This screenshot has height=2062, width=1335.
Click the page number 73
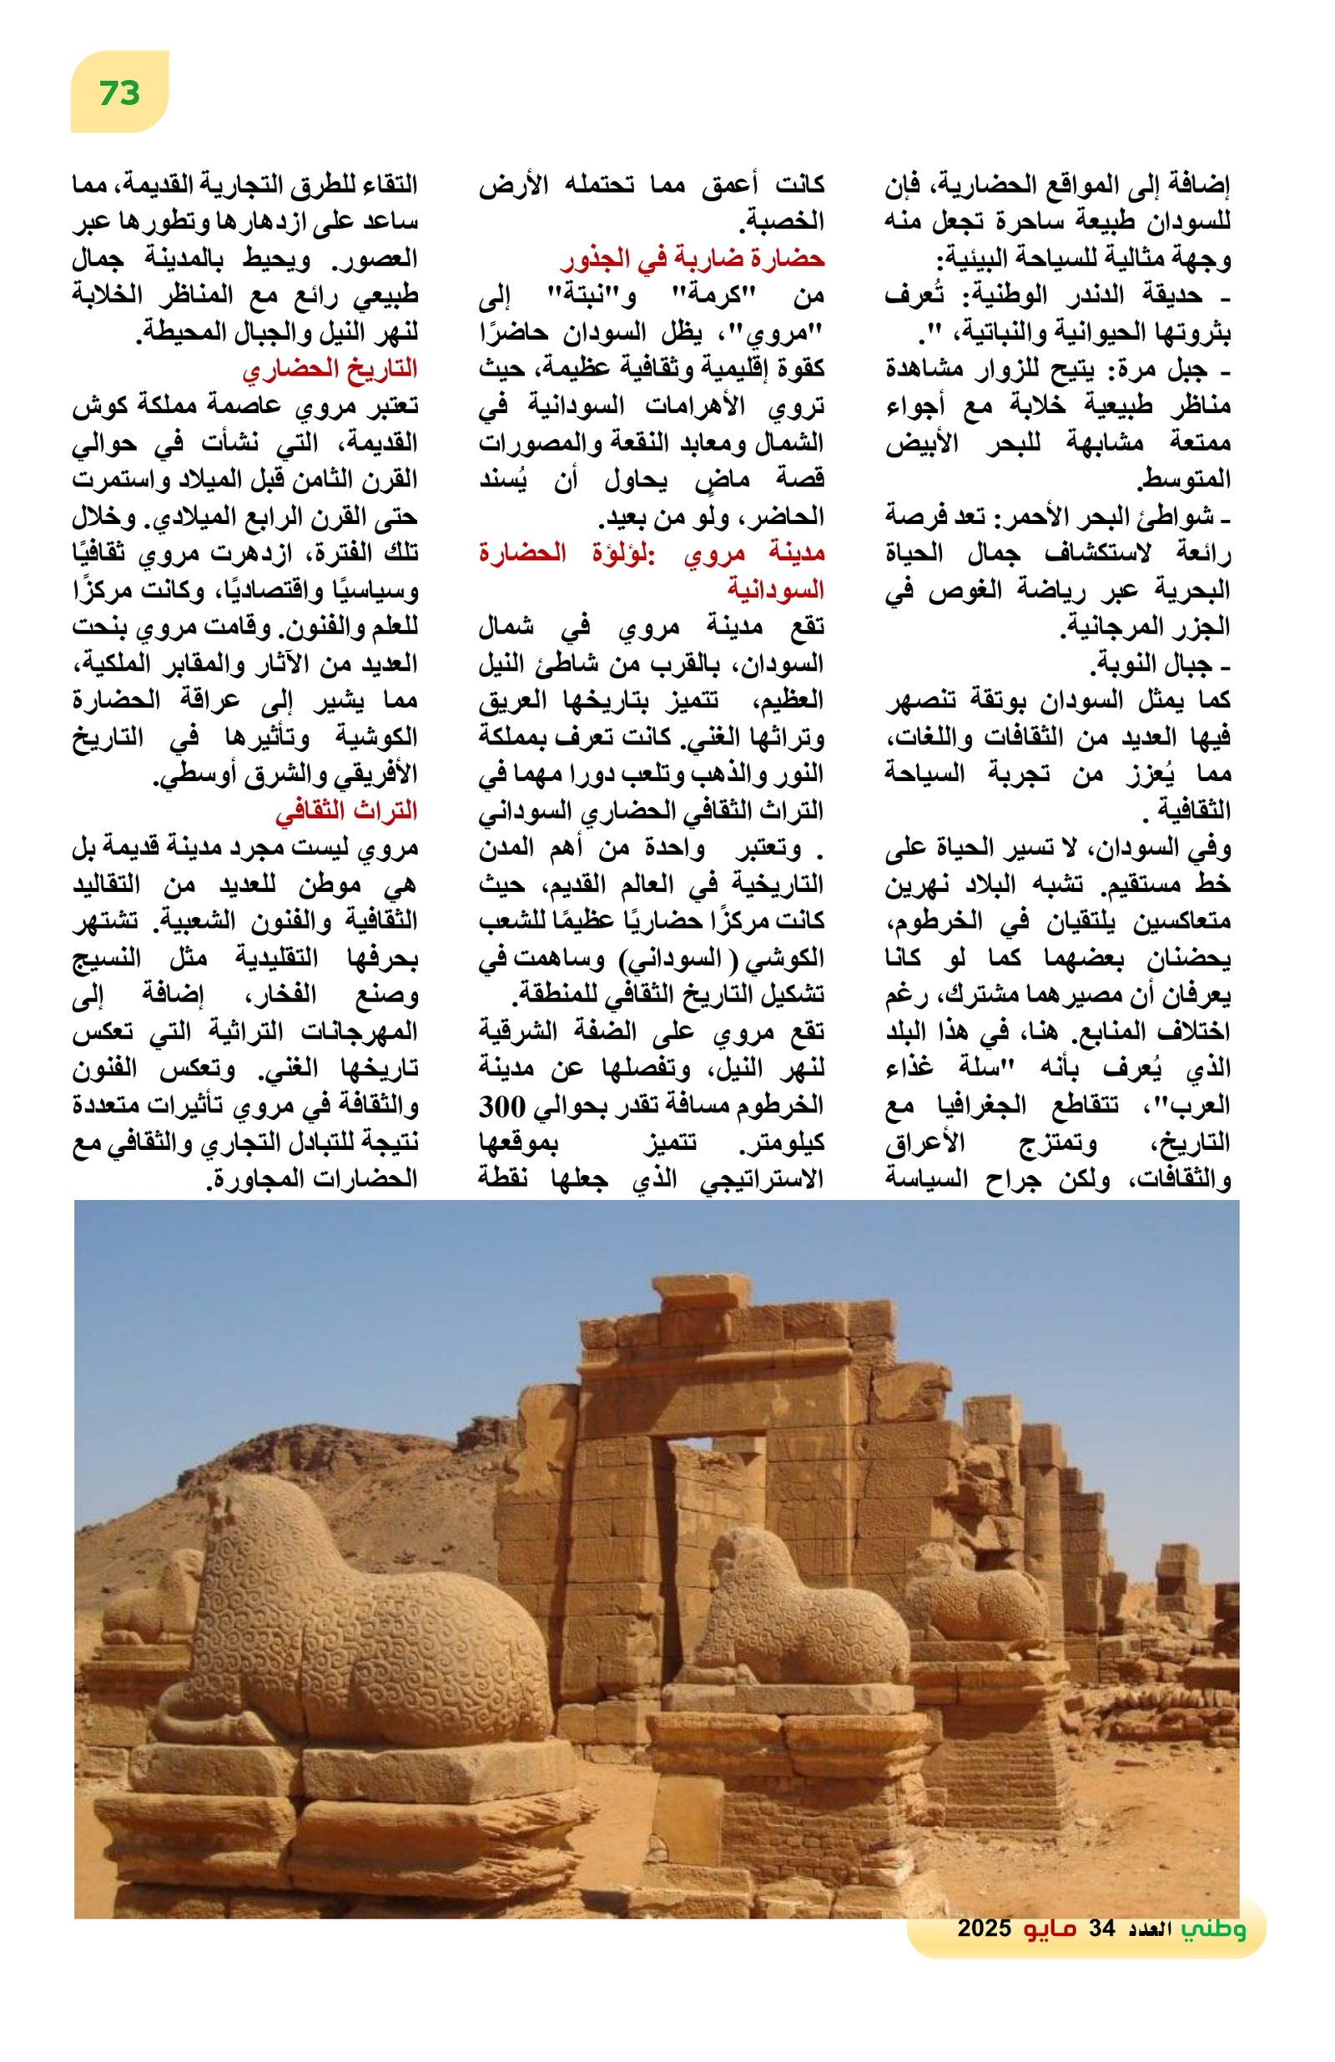coord(118,92)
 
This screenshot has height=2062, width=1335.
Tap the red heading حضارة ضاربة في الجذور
coord(693,258)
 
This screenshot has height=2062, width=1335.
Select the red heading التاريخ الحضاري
coord(330,368)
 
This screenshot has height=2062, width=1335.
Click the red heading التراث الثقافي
coord(345,810)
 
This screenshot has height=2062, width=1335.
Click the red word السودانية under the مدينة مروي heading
coord(775,589)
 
